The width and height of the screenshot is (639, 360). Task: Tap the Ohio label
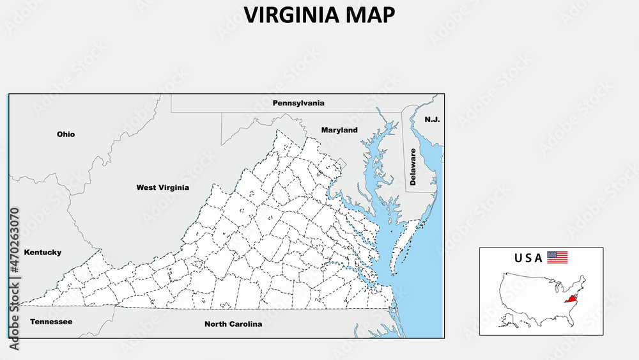66,134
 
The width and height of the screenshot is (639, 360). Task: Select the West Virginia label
162,188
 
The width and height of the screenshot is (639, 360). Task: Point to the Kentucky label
43,253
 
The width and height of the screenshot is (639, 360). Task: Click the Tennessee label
51,322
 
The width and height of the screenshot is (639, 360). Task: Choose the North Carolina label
233,324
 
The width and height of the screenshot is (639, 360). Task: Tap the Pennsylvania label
298,103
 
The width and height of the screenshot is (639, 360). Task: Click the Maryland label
339,130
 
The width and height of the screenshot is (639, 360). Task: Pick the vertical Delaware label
413,168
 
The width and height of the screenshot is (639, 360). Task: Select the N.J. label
433,120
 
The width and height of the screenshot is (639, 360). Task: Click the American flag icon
557,258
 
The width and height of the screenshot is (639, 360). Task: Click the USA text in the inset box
528,258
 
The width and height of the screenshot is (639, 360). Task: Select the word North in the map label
215,324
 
